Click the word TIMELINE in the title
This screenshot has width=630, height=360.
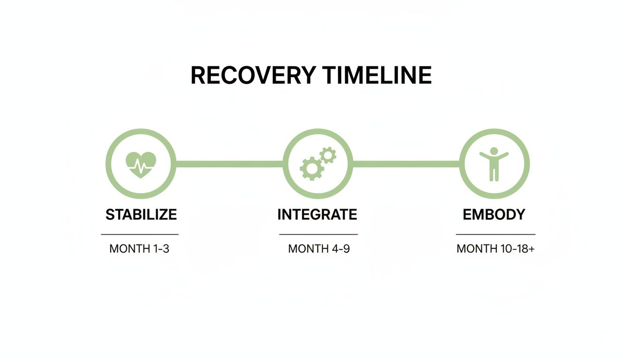coord(377,75)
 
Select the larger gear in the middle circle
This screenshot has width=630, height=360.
coord(311,168)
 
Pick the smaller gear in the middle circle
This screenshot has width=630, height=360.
coord(328,155)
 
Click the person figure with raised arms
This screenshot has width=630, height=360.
coord(494,165)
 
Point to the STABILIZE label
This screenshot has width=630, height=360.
coord(141,215)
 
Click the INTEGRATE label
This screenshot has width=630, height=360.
coord(317,215)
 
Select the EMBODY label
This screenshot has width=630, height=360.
coord(494,215)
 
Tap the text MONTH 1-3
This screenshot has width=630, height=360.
coord(139,248)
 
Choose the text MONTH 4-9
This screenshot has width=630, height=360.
coord(319,248)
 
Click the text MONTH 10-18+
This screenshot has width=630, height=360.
coord(495,248)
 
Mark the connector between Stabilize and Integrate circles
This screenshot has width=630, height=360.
coord(229,164)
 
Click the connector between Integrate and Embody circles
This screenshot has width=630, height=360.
coord(406,164)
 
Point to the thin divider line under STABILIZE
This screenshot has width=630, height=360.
coord(140,234)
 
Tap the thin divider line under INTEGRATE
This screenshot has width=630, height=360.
coord(318,234)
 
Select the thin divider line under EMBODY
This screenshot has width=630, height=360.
coord(495,234)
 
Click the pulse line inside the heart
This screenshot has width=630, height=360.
coord(141,165)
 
